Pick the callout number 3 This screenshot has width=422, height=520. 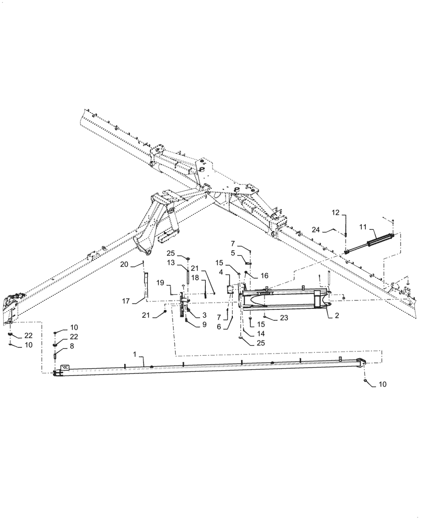[x=198, y=315]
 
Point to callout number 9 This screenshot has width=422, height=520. [x=198, y=324]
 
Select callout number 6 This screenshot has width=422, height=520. [x=232, y=326]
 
